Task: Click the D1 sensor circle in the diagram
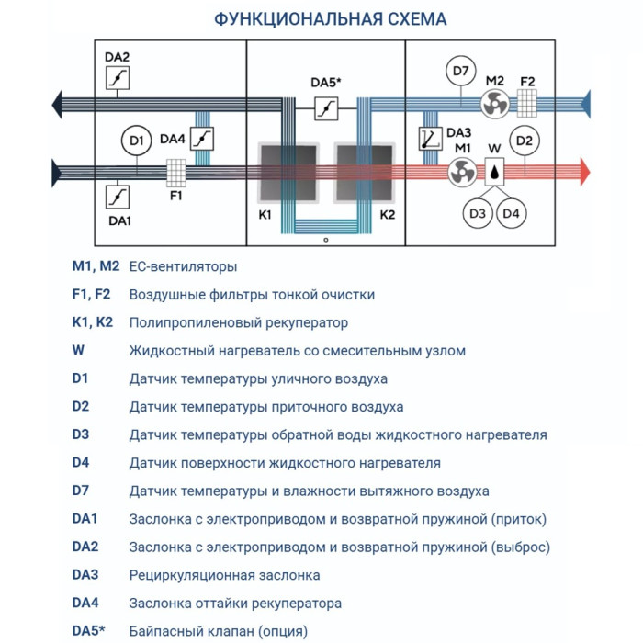(137, 141)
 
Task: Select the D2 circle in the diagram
(524, 141)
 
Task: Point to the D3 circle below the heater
(477, 213)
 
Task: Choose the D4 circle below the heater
(512, 213)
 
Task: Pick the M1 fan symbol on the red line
(463, 171)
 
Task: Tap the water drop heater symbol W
(495, 171)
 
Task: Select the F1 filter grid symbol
(176, 172)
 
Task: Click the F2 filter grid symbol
(527, 101)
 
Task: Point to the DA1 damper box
(118, 197)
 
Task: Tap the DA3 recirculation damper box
(430, 140)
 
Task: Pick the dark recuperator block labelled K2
(364, 173)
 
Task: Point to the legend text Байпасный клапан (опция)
(219, 631)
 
